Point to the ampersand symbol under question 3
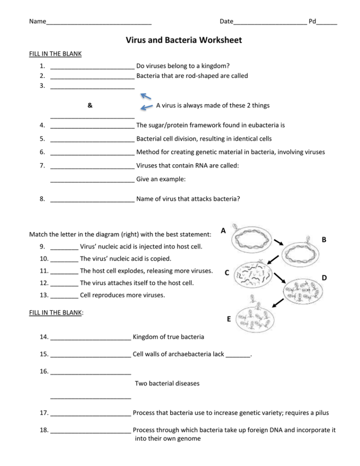tap(90, 105)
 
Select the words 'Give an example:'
tap(161, 179)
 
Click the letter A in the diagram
tap(223, 231)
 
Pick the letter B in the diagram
tap(324, 239)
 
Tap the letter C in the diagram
tap(227, 273)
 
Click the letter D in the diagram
tap(324, 278)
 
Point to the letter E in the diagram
tap(228, 319)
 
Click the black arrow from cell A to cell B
tap(279, 241)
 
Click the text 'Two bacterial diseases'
tap(167, 383)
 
